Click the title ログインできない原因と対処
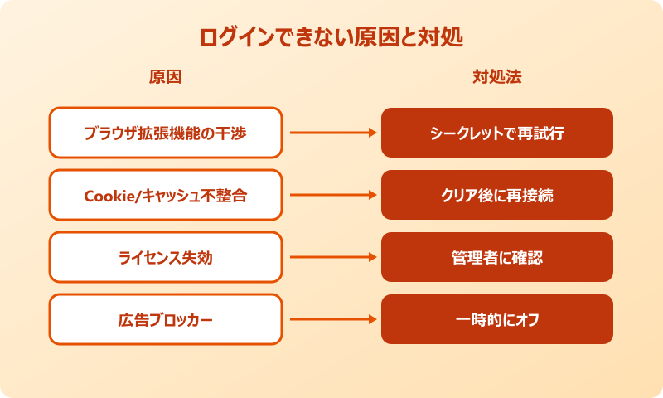click(331, 38)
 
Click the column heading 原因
click(165, 77)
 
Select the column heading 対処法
click(497, 77)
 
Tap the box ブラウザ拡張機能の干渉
click(166, 133)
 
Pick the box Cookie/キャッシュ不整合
click(166, 195)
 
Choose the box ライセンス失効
click(166, 257)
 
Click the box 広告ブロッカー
click(166, 319)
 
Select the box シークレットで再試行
click(497, 133)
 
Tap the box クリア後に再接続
click(497, 195)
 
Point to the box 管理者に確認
click(497, 257)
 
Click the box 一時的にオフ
click(497, 319)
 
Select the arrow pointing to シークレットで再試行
click(331, 133)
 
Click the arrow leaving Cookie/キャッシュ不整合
click(331, 195)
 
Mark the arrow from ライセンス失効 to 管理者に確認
click(331, 257)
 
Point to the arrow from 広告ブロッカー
click(331, 319)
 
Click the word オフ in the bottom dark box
click(527, 319)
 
